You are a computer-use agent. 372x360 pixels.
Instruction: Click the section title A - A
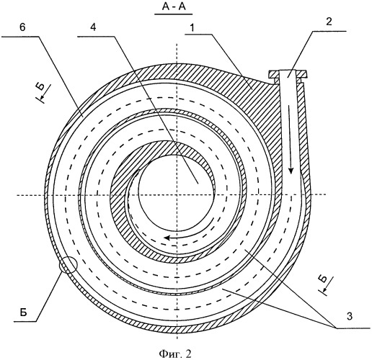(174, 7)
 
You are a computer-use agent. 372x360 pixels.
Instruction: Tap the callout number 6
(22, 27)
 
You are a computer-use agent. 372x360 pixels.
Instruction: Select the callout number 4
(93, 27)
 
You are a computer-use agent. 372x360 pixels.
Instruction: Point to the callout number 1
(192, 28)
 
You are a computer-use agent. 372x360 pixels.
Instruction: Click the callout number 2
(329, 22)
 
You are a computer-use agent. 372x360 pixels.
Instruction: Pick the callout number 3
(350, 316)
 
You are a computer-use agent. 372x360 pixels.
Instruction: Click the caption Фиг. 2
(175, 354)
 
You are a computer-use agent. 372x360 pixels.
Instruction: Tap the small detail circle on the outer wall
(68, 265)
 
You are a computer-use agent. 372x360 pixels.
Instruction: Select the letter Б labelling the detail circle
(23, 312)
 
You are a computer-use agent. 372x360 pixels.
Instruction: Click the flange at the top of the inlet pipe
(288, 73)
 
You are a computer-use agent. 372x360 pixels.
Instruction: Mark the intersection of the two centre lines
(177, 195)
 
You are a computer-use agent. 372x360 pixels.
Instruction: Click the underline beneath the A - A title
(174, 14)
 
